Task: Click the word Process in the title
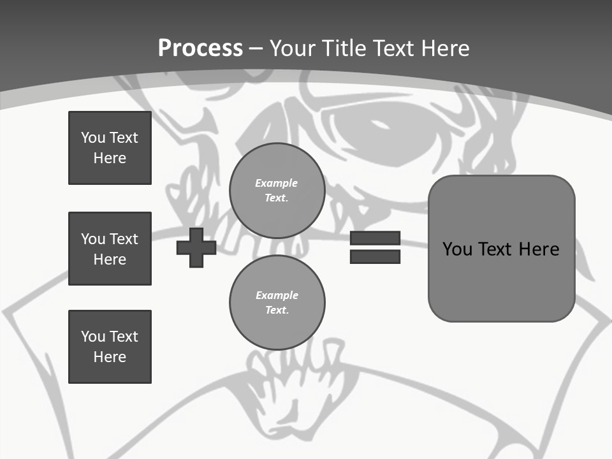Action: [x=200, y=48]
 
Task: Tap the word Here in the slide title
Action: [x=446, y=48]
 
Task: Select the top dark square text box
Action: [x=110, y=148]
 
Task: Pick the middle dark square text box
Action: [x=110, y=249]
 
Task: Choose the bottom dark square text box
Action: [x=110, y=347]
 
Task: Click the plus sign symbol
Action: [x=196, y=247]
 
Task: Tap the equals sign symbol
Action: [x=375, y=247]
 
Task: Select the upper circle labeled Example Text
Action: [x=277, y=191]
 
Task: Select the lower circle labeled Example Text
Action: [x=277, y=303]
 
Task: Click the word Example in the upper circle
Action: [x=277, y=183]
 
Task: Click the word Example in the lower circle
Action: [x=277, y=295]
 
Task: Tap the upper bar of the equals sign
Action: [x=375, y=238]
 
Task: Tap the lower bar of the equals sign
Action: [x=375, y=257]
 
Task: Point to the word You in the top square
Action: [x=93, y=138]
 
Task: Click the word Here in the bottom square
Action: [x=110, y=357]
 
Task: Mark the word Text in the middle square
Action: [x=124, y=239]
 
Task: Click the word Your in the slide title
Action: [x=295, y=48]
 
